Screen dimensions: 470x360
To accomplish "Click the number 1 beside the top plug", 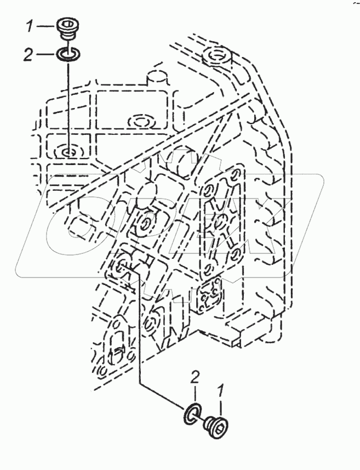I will click(x=31, y=25).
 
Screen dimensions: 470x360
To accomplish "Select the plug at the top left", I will click(x=67, y=27).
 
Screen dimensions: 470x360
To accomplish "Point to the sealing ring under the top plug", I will click(x=68, y=54).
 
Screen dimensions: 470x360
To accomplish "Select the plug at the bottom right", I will click(x=218, y=427).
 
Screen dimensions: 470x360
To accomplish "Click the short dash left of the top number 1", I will click(x=47, y=25).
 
